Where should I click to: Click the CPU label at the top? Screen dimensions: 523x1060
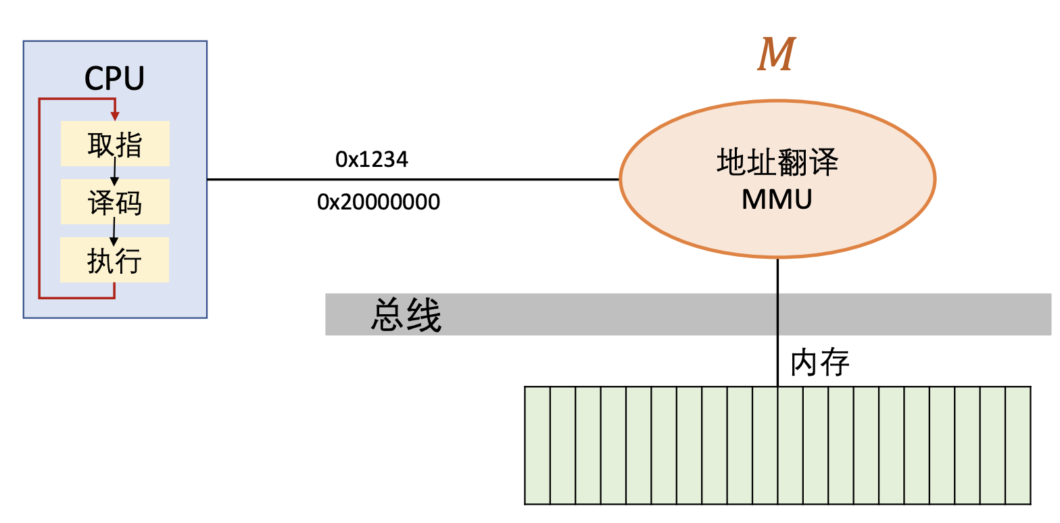[x=114, y=79]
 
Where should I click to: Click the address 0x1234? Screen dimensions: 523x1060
[x=372, y=159]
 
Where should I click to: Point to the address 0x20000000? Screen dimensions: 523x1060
[x=379, y=201]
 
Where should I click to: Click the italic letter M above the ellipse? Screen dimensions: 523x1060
[x=775, y=55]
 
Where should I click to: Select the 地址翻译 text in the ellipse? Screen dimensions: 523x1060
[x=777, y=164]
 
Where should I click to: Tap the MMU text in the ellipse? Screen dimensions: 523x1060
[x=777, y=199]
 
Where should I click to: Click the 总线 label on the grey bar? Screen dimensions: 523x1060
[x=406, y=316]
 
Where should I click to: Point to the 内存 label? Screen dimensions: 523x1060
[x=819, y=364]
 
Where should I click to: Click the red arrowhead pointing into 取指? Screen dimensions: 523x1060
[x=115, y=116]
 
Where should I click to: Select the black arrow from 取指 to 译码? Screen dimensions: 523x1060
[x=115, y=172]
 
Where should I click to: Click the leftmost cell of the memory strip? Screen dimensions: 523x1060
[x=537, y=445]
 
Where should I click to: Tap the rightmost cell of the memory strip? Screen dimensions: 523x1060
[x=1018, y=445]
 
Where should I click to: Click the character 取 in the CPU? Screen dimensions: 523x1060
[x=101, y=144]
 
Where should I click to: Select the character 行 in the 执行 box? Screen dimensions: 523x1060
[x=128, y=260]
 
